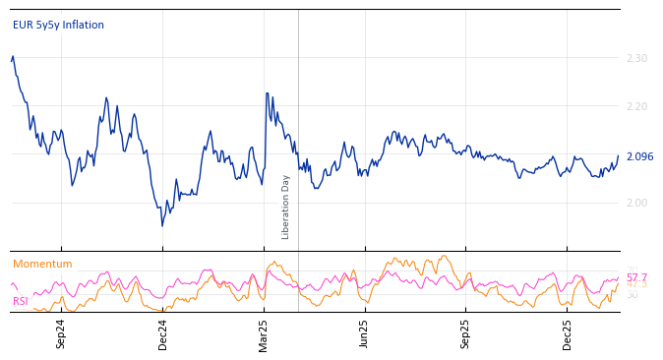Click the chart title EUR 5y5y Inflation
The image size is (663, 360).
58,26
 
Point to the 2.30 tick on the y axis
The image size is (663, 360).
636,59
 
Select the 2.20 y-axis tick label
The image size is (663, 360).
636,107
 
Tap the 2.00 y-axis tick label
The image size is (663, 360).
636,203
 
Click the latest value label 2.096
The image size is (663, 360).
639,156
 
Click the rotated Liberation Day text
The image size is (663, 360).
286,207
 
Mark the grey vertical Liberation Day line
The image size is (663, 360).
298,118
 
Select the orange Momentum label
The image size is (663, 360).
42,265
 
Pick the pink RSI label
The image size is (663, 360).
21,301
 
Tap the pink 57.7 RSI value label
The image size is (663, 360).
636,278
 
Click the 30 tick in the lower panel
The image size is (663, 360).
632,295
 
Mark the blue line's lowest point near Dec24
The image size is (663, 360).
162,225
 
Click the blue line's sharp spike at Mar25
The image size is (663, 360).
267,93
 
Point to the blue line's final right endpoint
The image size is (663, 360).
619,156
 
